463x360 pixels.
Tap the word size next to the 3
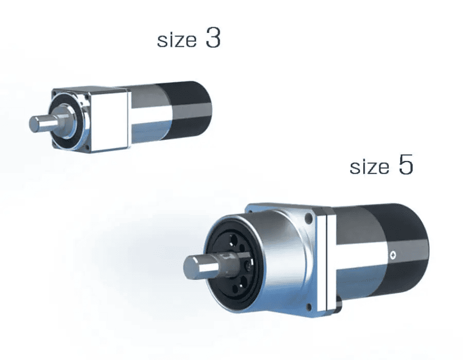(177, 40)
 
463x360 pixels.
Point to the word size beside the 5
(369, 167)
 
